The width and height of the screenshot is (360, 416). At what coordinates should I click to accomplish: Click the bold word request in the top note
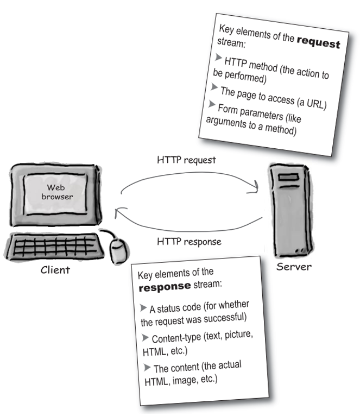(x=318, y=42)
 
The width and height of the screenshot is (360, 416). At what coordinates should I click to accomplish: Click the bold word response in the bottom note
(x=165, y=287)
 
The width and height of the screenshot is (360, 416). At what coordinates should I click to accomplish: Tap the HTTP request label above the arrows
(x=186, y=160)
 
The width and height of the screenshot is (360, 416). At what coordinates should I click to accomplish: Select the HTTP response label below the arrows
(x=189, y=242)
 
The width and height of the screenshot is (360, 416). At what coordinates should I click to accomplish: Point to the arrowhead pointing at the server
(x=254, y=186)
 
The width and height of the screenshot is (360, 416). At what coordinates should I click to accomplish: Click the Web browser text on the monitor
(x=57, y=192)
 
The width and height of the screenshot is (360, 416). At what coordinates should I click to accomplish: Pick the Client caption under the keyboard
(x=55, y=270)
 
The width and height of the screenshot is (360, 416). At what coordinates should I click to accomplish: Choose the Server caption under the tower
(x=294, y=267)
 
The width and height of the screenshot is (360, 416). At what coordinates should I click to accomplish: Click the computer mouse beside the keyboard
(x=118, y=251)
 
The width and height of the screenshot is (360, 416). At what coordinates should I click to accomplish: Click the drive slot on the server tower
(x=288, y=177)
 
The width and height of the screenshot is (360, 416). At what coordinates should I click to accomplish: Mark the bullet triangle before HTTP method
(x=218, y=57)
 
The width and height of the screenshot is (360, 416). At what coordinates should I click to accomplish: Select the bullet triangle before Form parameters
(x=211, y=104)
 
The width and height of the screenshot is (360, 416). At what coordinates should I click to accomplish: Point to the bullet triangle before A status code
(x=143, y=308)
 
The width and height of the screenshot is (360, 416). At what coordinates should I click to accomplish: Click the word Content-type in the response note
(x=176, y=338)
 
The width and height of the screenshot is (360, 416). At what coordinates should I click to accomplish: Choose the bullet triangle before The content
(x=147, y=368)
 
